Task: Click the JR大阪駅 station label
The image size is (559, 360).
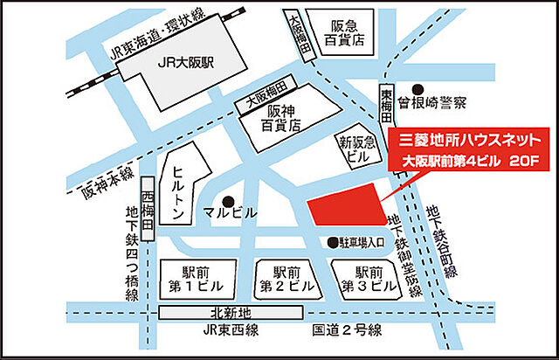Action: coord(190,62)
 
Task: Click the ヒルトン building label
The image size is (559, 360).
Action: coord(179,191)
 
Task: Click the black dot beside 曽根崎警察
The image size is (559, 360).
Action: coord(418,89)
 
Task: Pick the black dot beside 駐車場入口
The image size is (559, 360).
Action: coord(333,242)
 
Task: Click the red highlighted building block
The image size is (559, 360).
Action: coord(348,210)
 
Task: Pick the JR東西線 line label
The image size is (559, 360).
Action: coord(224,330)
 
